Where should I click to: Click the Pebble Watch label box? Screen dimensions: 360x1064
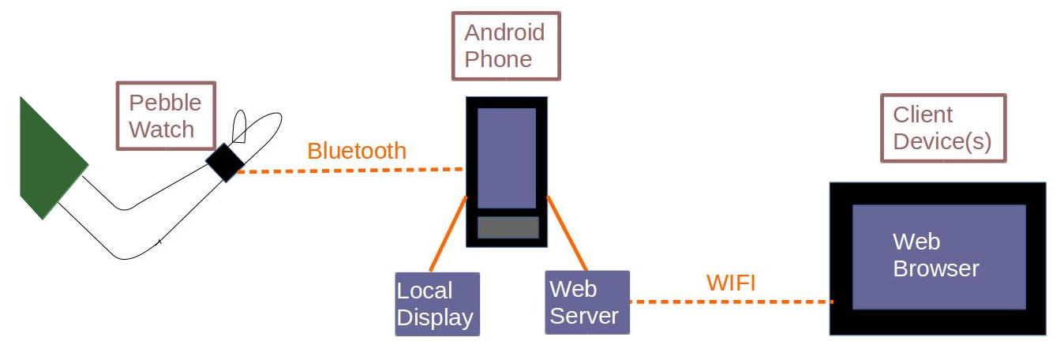(x=166, y=115)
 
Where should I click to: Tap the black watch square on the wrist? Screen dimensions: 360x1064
(x=226, y=163)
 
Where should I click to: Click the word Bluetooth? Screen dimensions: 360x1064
(x=357, y=151)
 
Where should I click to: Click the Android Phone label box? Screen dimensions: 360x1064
(x=505, y=46)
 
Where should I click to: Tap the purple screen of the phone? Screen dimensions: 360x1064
(x=507, y=158)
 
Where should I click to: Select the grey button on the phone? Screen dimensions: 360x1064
(x=508, y=227)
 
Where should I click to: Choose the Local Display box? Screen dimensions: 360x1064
(x=436, y=304)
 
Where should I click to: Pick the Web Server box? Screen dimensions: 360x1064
(x=586, y=302)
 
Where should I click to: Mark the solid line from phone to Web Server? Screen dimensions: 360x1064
(x=567, y=234)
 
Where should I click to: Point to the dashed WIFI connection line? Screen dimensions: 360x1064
(x=730, y=302)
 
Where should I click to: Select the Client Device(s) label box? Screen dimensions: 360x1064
(x=942, y=128)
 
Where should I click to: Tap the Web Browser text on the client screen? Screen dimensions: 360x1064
(x=935, y=255)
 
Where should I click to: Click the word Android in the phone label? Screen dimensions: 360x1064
(x=504, y=32)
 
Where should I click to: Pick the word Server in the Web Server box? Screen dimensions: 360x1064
(x=584, y=316)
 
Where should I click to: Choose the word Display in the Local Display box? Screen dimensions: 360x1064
(x=435, y=317)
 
